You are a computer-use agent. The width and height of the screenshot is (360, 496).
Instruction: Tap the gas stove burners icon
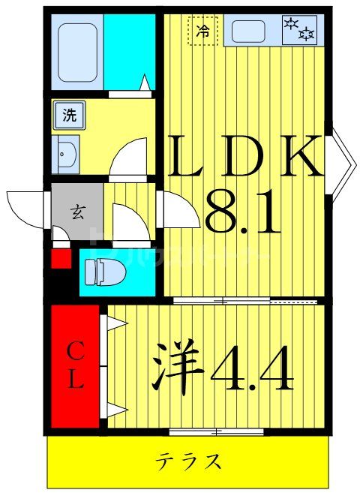point(298,30)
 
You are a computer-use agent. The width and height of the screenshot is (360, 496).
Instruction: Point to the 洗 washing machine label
point(69,116)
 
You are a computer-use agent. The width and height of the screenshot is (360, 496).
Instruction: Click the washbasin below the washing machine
point(66,153)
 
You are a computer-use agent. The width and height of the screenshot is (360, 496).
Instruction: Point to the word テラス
point(188,459)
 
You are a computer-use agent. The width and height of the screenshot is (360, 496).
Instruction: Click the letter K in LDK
point(299,156)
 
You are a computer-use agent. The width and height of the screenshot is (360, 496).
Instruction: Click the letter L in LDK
point(186,156)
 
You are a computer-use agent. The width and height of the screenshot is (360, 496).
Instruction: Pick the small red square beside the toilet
point(60,260)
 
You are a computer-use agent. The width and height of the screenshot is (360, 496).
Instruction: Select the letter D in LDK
point(242,156)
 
